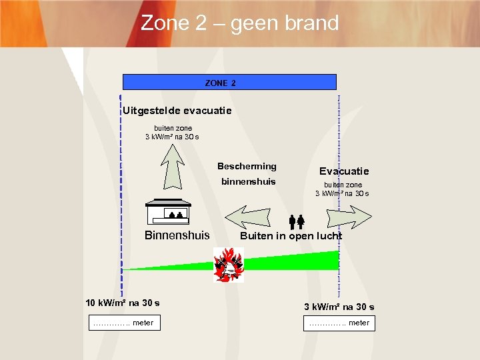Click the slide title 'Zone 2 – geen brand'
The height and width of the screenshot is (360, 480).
[240, 23]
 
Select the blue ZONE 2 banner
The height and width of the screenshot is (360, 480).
[229, 83]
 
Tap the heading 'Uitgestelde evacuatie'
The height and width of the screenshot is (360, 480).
[177, 110]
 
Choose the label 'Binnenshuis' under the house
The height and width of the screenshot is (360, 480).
[177, 235]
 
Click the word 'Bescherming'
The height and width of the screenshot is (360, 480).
[247, 166]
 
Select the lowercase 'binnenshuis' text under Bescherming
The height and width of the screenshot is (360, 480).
[248, 181]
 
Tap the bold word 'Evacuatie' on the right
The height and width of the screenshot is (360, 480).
[344, 171]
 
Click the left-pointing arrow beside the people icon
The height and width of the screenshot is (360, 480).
[247, 217]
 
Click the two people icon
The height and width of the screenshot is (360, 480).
[297, 221]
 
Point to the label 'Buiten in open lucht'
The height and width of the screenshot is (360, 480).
[291, 236]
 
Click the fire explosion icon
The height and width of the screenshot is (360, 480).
[229, 264]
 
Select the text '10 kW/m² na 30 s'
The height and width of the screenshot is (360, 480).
[123, 303]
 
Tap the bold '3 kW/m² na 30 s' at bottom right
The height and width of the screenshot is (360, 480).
[339, 307]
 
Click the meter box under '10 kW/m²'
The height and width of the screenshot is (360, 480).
[123, 323]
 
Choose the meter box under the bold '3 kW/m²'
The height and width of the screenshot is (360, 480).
[339, 323]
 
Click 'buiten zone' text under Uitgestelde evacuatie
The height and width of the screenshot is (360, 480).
[173, 128]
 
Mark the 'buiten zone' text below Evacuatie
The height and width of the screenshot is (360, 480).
[343, 185]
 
